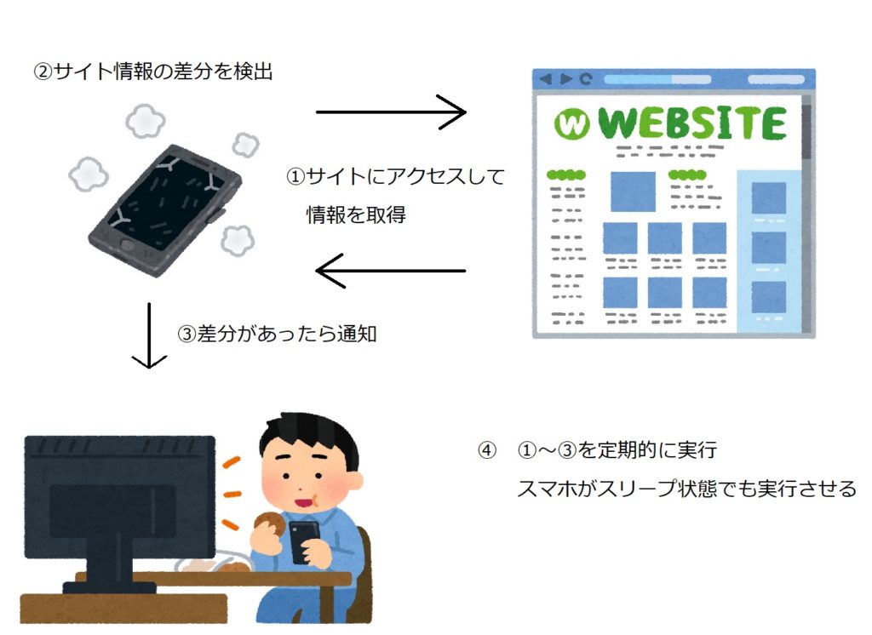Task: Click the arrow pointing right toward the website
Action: tap(391, 112)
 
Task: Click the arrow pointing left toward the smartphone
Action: tap(390, 271)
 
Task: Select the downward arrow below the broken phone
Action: tap(149, 335)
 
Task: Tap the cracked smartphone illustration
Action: tap(165, 210)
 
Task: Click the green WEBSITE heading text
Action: tap(692, 123)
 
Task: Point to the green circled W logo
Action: tap(571, 123)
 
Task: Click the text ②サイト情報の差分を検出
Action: tap(153, 72)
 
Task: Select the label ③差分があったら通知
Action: tap(277, 334)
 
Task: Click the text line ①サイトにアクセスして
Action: tap(395, 176)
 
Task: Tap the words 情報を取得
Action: tap(356, 214)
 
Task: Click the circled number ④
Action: tap(486, 449)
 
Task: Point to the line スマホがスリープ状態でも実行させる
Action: tap(687, 489)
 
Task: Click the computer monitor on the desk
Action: tap(119, 512)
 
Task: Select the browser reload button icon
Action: tap(585, 79)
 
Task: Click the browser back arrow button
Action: tap(546, 79)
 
